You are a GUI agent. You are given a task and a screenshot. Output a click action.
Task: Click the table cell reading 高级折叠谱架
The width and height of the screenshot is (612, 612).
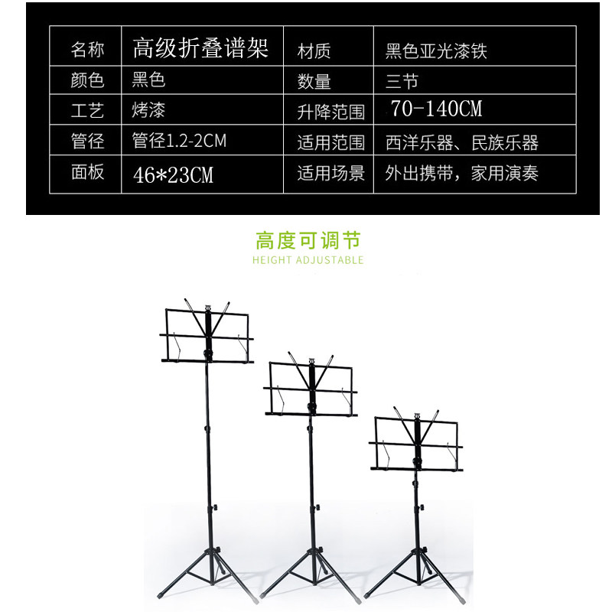200,49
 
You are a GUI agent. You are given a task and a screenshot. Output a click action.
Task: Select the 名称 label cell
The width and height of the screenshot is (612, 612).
87,50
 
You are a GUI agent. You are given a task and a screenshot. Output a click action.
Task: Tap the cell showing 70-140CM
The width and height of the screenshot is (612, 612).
436,109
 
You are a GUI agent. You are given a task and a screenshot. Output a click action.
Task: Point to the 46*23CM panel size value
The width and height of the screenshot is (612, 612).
173,174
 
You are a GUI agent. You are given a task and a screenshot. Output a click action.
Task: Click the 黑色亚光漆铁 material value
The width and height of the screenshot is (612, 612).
436,51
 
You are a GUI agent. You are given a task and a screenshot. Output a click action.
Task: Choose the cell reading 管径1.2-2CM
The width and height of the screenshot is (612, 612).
179,142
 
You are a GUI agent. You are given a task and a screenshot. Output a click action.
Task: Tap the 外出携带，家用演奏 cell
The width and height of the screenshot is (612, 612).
462,174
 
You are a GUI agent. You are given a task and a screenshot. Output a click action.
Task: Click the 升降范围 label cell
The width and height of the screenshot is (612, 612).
330,112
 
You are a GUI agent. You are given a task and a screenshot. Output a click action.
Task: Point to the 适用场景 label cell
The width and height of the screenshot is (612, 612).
330,174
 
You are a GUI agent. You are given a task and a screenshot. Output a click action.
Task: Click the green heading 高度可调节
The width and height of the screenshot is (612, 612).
308,241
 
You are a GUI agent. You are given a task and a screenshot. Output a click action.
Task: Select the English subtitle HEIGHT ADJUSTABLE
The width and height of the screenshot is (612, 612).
308,260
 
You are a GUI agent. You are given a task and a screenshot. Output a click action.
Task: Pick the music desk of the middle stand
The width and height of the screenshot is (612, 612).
311,389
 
